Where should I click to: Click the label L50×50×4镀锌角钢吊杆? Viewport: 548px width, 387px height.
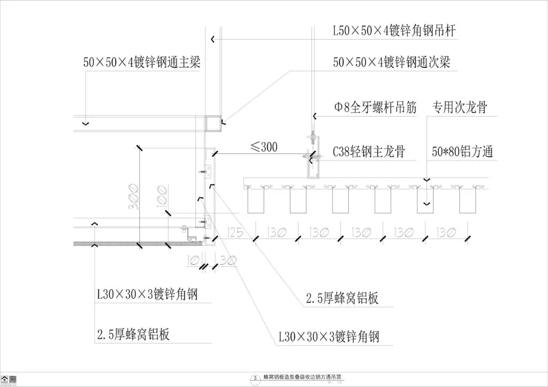tap(394, 31)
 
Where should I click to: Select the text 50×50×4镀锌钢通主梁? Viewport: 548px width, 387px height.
tap(145, 62)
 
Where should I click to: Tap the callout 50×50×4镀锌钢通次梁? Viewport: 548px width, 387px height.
tap(391, 62)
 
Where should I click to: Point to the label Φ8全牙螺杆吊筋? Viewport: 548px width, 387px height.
tap(375, 107)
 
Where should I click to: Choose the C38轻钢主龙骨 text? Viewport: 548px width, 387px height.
tap(368, 152)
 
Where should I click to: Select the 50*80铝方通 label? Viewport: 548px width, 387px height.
tap(462, 152)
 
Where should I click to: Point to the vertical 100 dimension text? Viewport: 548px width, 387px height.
tap(161, 196)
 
